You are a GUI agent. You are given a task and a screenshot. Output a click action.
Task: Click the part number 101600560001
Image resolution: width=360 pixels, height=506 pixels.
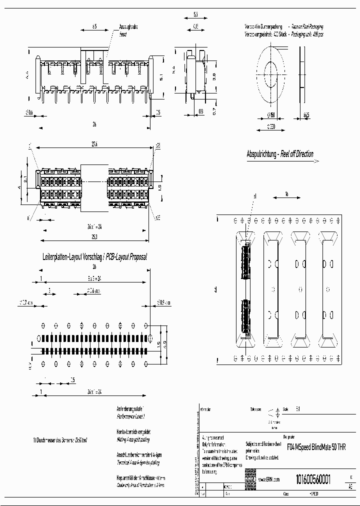[313, 478]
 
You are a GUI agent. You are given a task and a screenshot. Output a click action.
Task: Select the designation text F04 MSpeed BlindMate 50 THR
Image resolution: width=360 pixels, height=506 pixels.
[316, 447]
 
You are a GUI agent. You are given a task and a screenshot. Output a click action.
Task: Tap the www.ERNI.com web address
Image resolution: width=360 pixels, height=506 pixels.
[269, 479]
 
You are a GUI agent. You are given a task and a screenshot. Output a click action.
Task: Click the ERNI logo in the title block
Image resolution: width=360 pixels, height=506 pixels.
[249, 479]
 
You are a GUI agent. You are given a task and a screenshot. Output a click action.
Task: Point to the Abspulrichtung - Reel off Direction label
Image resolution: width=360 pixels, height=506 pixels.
[280, 154]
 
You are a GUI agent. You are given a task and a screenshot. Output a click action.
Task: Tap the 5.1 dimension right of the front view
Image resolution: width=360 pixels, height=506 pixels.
[161, 77]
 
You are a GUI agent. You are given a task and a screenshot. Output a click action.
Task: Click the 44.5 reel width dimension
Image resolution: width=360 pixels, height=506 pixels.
[305, 115]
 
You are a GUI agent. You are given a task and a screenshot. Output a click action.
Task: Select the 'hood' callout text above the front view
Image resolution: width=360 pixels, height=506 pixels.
[123, 35]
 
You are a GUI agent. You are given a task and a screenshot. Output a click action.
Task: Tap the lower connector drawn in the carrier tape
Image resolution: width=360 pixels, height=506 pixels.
[245, 316]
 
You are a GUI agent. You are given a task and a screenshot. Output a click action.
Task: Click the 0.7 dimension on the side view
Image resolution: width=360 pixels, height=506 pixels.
[213, 110]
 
